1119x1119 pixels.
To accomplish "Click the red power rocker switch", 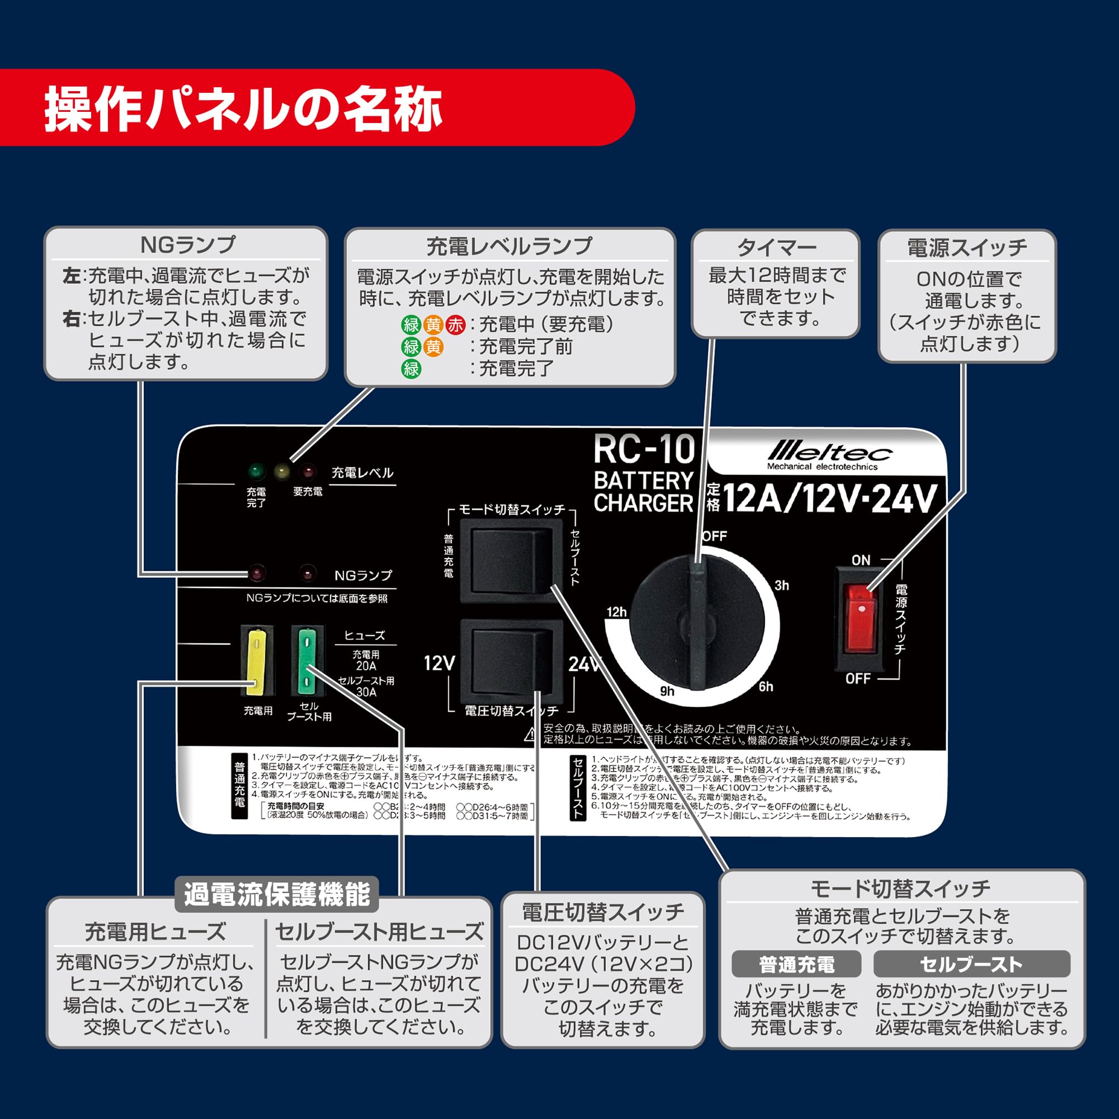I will [x=859, y=618].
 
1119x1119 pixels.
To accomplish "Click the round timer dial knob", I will [x=697, y=623].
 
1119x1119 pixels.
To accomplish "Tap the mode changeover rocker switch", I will [x=510, y=560].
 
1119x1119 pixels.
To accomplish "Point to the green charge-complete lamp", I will [x=256, y=471].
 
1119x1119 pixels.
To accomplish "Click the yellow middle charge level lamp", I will [x=282, y=471].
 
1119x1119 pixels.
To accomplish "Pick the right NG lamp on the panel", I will [x=308, y=573].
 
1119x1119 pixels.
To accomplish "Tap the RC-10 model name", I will [x=643, y=450].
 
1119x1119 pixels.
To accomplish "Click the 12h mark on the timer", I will [x=616, y=612].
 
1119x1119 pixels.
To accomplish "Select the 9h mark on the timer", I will [x=667, y=691].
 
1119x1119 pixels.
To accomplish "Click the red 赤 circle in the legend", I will [x=455, y=325].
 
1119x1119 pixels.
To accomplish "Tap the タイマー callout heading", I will [x=776, y=248].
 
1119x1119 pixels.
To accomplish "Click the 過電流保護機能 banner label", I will [x=277, y=894].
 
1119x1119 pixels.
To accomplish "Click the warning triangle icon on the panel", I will [x=530, y=735].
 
